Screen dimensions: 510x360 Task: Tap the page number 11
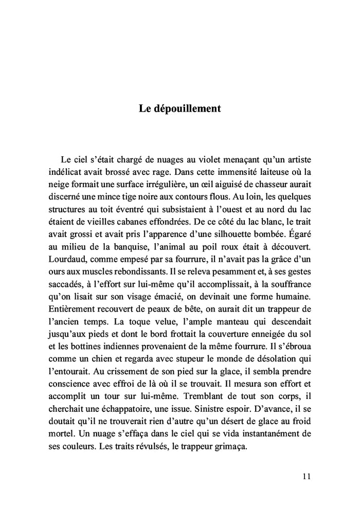(307, 477)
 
